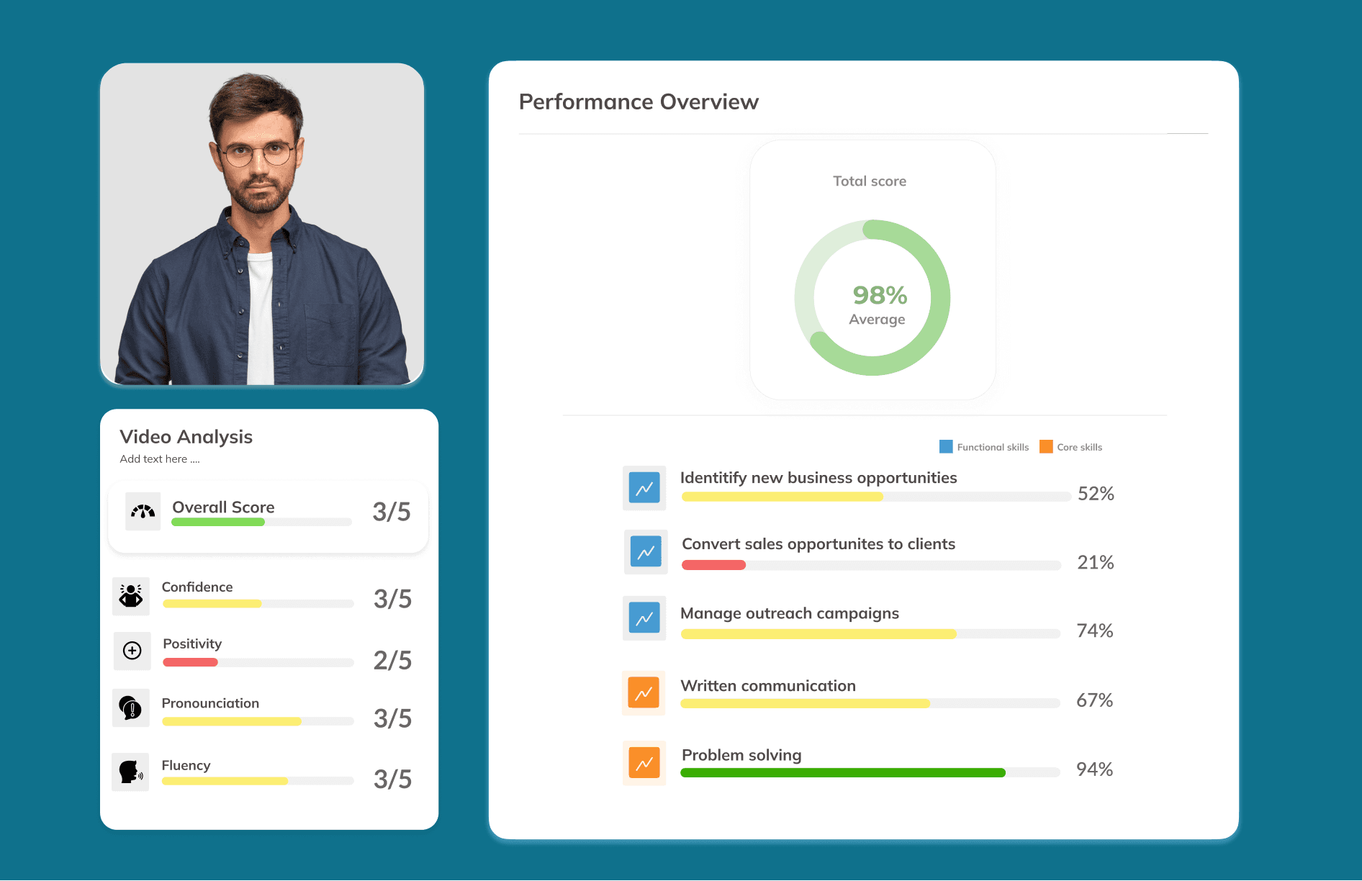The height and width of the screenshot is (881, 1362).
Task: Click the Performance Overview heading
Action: pyautogui.click(x=639, y=102)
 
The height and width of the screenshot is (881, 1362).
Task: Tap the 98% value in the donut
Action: pyautogui.click(x=880, y=295)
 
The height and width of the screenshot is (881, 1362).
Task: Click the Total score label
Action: pyautogui.click(x=870, y=181)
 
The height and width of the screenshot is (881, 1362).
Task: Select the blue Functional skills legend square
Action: pyautogui.click(x=946, y=447)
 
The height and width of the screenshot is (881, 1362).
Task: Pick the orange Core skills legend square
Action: pyautogui.click(x=1046, y=447)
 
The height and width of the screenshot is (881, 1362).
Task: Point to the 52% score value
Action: pyautogui.click(x=1096, y=494)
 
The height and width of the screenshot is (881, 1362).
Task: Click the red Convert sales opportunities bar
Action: pyautogui.click(x=713, y=565)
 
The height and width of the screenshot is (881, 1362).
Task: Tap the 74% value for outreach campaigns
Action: pyautogui.click(x=1094, y=631)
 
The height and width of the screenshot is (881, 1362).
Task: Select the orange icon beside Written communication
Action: pyautogui.click(x=644, y=693)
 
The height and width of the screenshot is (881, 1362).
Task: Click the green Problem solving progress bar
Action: pyautogui.click(x=842, y=773)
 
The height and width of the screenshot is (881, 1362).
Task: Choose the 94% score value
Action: pyautogui.click(x=1094, y=769)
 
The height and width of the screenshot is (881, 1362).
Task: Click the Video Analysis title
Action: pyautogui.click(x=186, y=437)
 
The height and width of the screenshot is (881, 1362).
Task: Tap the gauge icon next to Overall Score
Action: pyautogui.click(x=143, y=512)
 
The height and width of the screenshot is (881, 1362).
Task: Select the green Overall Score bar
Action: pyautogui.click(x=217, y=523)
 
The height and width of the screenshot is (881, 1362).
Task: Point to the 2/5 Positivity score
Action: pyautogui.click(x=392, y=660)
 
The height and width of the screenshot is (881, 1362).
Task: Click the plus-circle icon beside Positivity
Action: pyautogui.click(x=132, y=651)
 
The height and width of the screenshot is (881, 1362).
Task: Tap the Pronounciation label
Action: pyautogui.click(x=210, y=703)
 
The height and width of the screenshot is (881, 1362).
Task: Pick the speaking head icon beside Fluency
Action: pyautogui.click(x=130, y=772)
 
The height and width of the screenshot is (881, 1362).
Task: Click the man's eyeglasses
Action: pyautogui.click(x=256, y=153)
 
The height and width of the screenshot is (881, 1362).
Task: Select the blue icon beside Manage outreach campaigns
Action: pyautogui.click(x=644, y=618)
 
